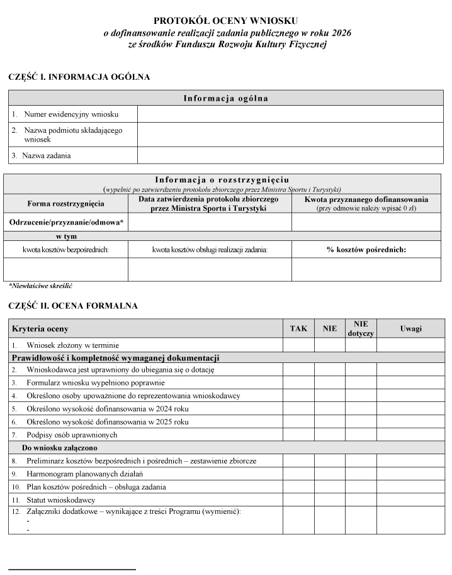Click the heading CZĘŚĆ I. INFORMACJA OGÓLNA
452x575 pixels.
click(79, 77)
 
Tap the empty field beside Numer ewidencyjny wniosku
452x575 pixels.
click(290, 114)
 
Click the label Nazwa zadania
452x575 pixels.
click(47, 155)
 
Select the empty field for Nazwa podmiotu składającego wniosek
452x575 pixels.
click(290, 135)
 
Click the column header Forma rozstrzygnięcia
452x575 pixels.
click(66, 203)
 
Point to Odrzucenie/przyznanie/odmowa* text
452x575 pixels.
click(66, 222)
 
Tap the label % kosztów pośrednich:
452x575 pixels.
click(366, 250)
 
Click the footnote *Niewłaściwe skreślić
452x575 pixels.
click(40, 285)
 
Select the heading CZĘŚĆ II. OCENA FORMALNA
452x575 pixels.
click(73, 306)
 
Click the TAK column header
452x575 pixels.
click(298, 328)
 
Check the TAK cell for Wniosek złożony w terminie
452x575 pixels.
click(298, 345)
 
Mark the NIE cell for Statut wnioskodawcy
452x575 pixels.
click(330, 500)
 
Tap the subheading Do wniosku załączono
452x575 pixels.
click(60, 448)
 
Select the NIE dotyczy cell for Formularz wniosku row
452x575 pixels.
click(361, 382)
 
